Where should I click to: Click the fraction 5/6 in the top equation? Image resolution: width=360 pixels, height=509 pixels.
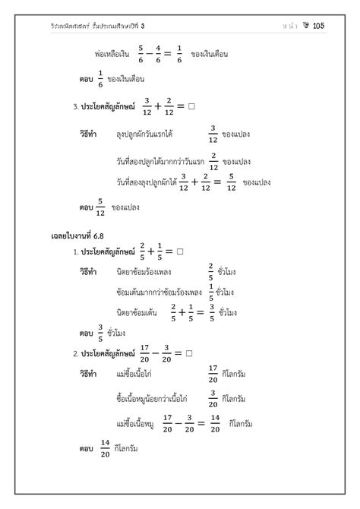[x=141, y=53]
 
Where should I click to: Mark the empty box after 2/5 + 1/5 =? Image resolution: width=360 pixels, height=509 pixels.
[x=180, y=251]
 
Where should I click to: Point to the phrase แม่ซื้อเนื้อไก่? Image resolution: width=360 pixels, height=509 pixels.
[x=137, y=374]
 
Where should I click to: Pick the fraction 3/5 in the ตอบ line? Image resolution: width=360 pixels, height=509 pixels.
[x=99, y=331]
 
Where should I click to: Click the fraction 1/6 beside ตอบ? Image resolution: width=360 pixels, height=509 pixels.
[x=99, y=79]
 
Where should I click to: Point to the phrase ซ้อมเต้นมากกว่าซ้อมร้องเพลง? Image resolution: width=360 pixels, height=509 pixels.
[x=161, y=292]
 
